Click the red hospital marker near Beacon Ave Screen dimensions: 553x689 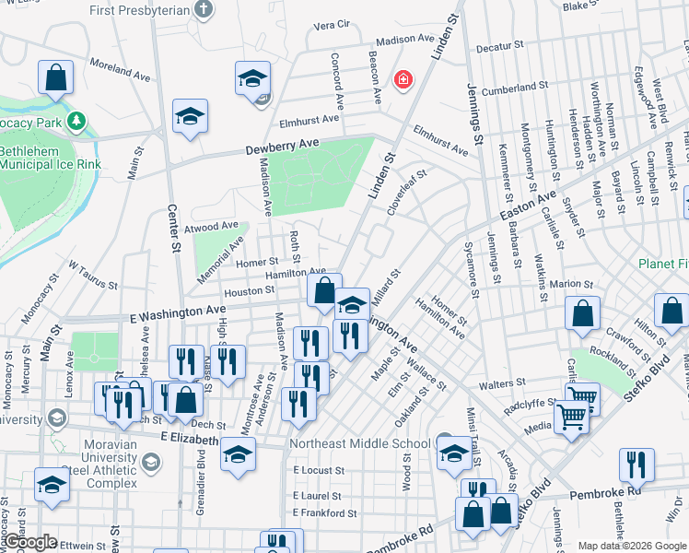click(x=403, y=81)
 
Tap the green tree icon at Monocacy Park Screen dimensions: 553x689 click(x=77, y=121)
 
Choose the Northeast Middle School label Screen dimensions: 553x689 click(x=359, y=443)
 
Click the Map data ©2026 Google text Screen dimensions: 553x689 click(x=632, y=546)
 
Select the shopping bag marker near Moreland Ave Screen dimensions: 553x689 click(x=55, y=79)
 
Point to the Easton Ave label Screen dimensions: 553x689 click(x=528, y=206)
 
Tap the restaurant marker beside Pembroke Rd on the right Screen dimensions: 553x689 click(x=636, y=465)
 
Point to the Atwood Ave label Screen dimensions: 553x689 click(x=211, y=226)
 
